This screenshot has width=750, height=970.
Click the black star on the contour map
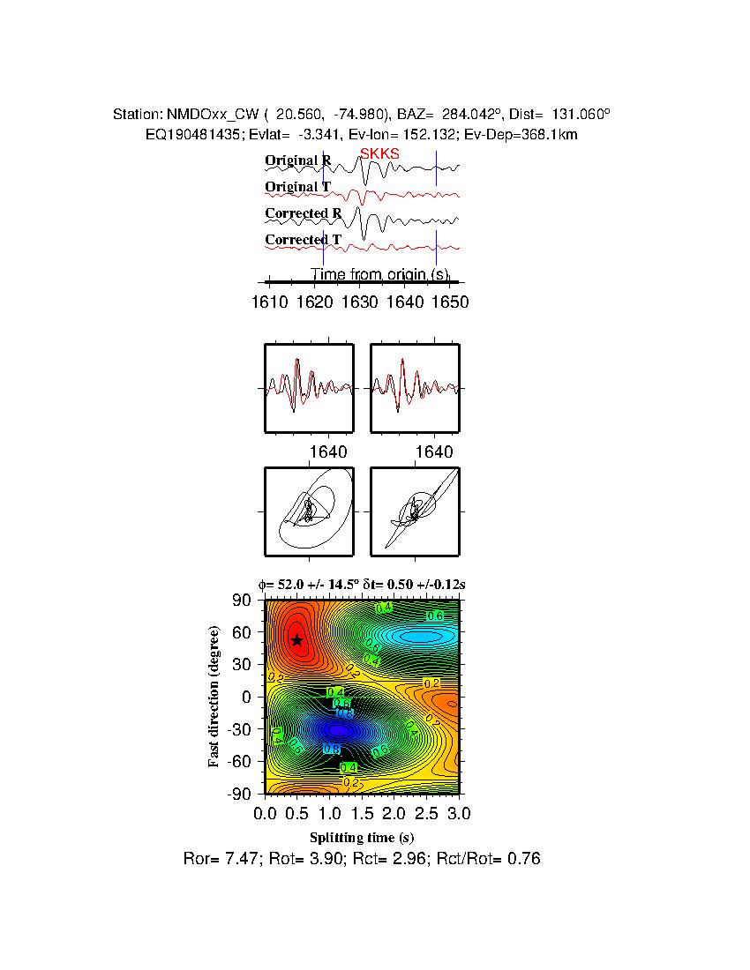[x=297, y=640]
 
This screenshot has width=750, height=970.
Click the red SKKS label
[x=379, y=153]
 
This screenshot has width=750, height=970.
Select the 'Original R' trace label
[x=298, y=160]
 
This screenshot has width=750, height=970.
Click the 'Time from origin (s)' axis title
[x=379, y=274]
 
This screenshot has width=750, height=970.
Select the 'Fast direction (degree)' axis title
[x=214, y=697]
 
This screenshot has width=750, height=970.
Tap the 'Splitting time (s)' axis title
[x=362, y=837]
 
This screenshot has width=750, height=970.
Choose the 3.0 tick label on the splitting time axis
[x=459, y=812]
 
